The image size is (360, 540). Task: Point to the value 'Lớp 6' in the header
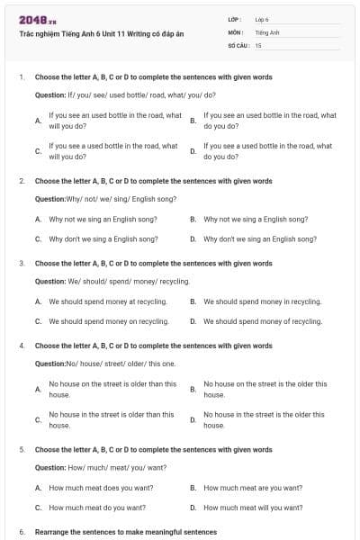[262, 19]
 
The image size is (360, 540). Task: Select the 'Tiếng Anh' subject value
[267, 31]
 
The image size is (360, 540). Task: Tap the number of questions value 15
[258, 44]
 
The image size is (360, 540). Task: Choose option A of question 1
[115, 120]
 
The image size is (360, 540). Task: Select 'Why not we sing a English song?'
[256, 219]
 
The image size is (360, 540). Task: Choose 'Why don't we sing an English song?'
[260, 239]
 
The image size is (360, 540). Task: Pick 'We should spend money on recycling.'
[108, 321]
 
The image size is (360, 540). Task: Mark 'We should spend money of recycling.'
[262, 321]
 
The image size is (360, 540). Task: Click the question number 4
[22, 346]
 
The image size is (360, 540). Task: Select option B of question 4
[265, 389]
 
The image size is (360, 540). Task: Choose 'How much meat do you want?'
[97, 508]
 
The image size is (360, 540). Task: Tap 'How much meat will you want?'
[253, 508]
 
